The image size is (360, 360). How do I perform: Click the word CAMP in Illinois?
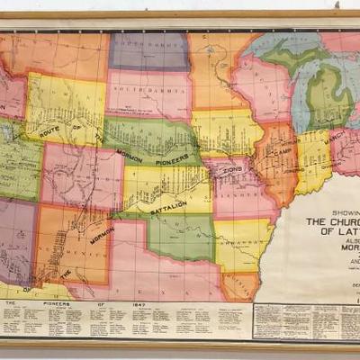285,149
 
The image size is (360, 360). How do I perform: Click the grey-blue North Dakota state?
148,50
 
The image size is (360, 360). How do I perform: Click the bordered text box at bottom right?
305,319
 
